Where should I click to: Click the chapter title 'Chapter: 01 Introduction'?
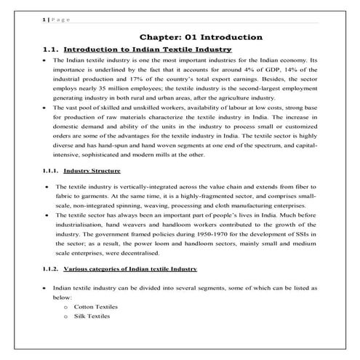click(202, 37)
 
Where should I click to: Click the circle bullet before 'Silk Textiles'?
click(65, 317)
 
